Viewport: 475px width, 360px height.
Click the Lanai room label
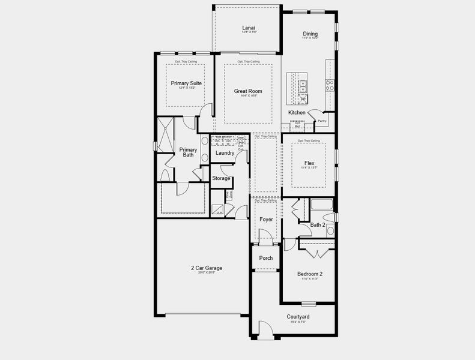tap(248, 28)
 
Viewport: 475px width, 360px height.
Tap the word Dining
tap(310, 34)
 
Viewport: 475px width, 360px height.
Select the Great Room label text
tap(248, 91)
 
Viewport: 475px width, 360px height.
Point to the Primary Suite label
tap(186, 83)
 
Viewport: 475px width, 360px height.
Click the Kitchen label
tap(297, 113)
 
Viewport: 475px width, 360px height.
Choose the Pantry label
tap(322, 121)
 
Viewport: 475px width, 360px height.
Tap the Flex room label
tap(309, 163)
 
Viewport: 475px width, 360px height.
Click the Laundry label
tap(225, 153)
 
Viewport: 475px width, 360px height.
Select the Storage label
tap(221, 178)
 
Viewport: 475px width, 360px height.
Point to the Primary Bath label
tap(188, 152)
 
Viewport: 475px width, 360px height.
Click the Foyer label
tap(266, 220)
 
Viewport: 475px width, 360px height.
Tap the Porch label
tap(266, 258)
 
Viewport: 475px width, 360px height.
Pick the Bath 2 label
tap(317, 225)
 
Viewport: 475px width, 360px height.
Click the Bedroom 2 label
tap(309, 274)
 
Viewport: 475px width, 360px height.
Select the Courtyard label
tap(298, 316)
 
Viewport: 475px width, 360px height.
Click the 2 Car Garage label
tap(205, 268)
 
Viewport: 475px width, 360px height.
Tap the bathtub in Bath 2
tap(321, 205)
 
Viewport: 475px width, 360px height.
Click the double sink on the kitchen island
tap(303, 85)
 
